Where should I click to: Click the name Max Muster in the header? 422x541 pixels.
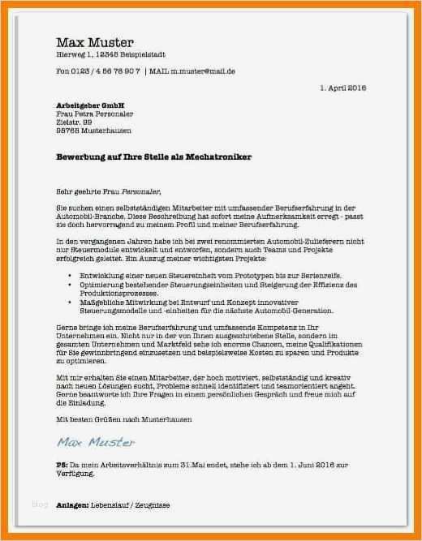[94, 42]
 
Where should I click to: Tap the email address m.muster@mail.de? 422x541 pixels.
[203, 71]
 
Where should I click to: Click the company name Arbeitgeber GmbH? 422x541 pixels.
[91, 105]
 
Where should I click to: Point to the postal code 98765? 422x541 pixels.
[67, 130]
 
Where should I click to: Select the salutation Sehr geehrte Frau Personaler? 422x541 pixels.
[109, 191]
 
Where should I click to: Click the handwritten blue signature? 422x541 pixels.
[97, 442]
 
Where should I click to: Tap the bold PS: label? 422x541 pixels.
[62, 464]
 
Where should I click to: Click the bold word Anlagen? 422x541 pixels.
[72, 505]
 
